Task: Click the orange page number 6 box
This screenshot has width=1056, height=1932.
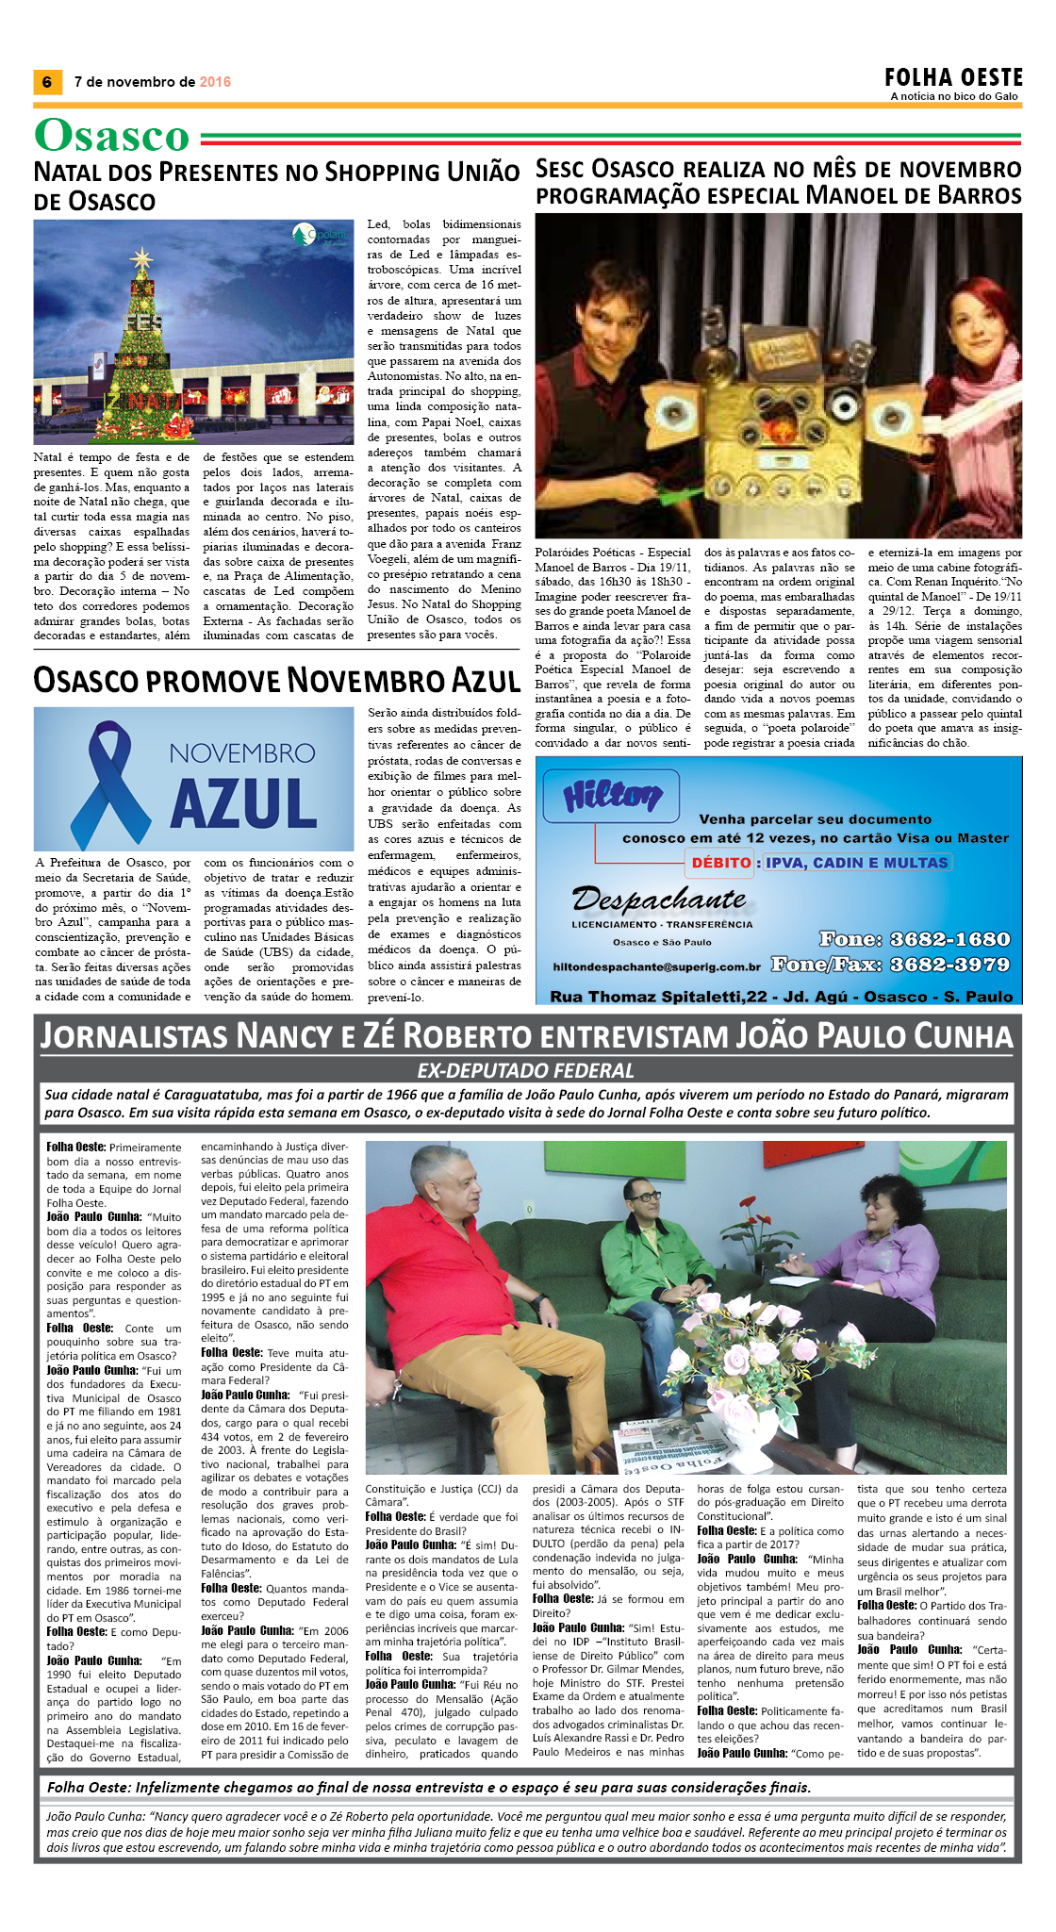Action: coord(46,82)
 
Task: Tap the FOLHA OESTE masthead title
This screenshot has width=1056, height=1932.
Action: coord(953,77)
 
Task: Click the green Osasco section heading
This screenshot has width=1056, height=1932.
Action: coord(112,136)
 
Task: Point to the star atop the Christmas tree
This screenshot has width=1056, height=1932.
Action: coord(141,257)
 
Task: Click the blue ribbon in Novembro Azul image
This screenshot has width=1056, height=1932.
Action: coord(110,780)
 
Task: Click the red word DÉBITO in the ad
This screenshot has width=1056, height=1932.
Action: coord(720,862)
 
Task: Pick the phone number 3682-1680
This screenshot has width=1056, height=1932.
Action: coord(949,939)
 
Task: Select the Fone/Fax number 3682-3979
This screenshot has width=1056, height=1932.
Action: coord(949,965)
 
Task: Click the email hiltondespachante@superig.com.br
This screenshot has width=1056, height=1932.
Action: coord(656,967)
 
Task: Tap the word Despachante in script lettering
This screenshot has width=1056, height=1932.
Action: coord(659,900)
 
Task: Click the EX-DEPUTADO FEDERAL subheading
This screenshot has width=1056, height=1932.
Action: coord(526,1070)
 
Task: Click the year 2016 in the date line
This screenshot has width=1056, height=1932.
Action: coord(215,82)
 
